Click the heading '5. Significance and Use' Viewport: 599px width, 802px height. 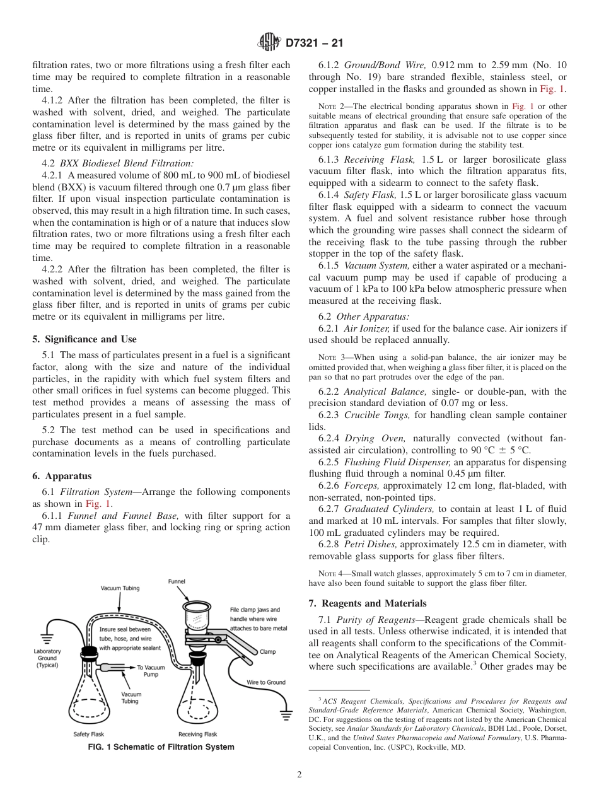(84, 339)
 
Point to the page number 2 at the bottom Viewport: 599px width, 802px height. (299, 775)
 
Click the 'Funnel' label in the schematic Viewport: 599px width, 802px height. (177, 581)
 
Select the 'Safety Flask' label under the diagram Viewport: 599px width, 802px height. (88, 734)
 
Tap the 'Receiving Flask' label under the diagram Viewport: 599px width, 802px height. (198, 734)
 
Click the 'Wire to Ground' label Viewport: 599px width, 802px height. (266, 682)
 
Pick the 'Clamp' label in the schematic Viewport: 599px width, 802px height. (267, 652)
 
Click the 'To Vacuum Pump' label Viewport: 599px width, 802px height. (151, 670)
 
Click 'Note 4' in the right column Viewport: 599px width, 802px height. (329, 573)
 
